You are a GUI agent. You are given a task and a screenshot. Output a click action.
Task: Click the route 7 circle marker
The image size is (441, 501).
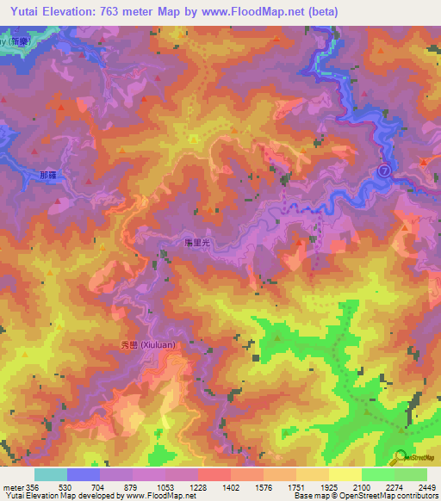[385, 171]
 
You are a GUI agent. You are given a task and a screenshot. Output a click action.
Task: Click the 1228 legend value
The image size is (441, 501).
[196, 487]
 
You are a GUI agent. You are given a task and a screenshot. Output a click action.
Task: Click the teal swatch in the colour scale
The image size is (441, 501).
[51, 474]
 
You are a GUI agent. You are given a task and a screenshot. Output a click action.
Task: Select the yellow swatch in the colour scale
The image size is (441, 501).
[345, 474]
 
